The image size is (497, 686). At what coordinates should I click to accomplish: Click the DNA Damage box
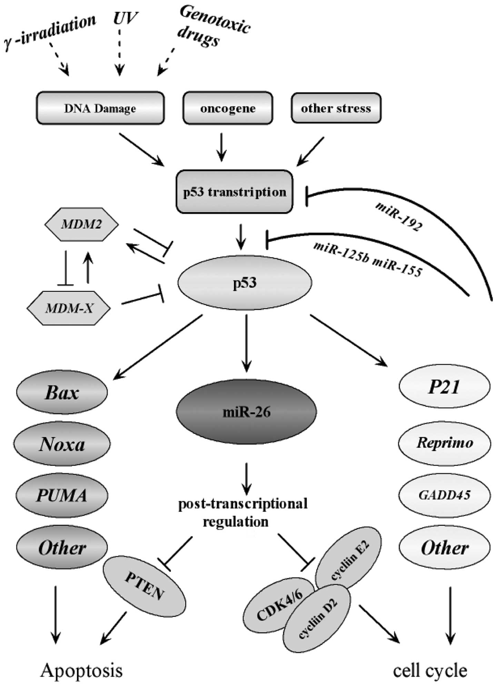[100, 108]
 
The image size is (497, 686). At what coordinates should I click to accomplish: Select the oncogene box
[228, 108]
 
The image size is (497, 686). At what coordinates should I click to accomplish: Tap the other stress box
[336, 108]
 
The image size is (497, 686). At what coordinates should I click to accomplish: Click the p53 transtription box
[235, 192]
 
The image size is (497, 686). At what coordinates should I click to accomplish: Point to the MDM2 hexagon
[82, 225]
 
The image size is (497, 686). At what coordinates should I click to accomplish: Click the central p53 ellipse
[245, 283]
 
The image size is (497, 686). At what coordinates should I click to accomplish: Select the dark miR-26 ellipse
[246, 411]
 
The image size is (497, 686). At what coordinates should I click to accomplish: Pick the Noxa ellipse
[62, 444]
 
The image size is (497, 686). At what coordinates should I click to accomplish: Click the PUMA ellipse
[62, 495]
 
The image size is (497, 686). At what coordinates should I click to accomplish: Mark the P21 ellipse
[444, 387]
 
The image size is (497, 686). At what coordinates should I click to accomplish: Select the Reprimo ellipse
[444, 443]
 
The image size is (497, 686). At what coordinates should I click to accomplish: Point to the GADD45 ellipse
[444, 495]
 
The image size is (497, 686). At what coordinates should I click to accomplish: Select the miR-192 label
[398, 216]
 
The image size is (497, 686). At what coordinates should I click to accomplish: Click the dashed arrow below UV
[120, 52]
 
